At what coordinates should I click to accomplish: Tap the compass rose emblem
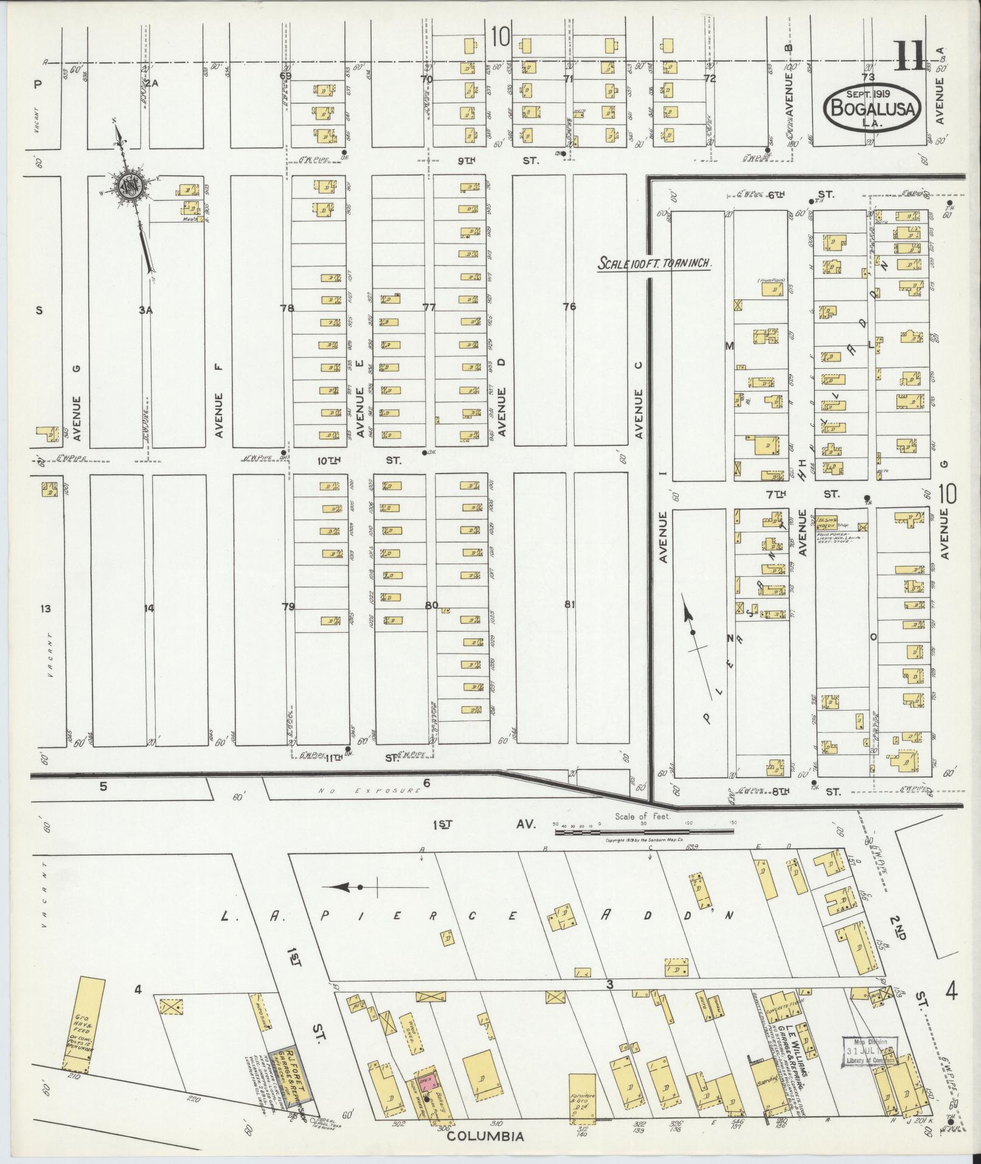pos(130,186)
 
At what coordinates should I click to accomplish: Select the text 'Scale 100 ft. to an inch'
pos(654,264)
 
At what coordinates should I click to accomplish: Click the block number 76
pos(569,307)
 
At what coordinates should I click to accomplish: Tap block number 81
pos(569,605)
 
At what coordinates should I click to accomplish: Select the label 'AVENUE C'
pos(639,414)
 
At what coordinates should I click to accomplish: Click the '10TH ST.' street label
pos(359,461)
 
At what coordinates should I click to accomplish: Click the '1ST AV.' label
pos(484,824)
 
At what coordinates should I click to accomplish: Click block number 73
pos(868,77)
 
